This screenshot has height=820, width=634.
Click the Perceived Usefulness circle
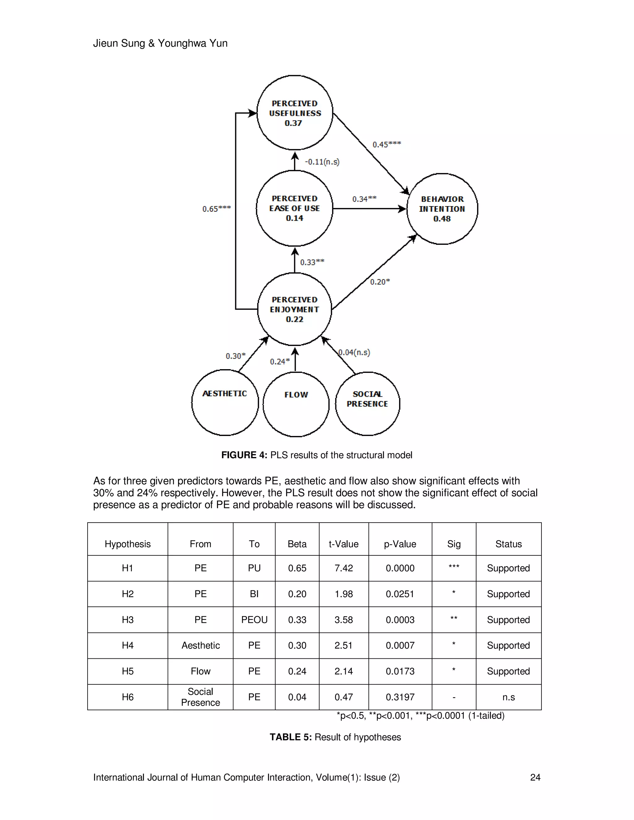(x=295, y=113)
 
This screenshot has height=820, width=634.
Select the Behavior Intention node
(x=442, y=209)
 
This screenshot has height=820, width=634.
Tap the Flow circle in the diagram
(x=296, y=404)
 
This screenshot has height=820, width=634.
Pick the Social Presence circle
(x=367, y=404)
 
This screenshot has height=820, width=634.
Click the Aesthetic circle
(x=225, y=403)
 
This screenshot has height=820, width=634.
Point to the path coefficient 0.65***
(x=216, y=209)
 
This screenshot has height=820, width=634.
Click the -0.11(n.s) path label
(x=322, y=162)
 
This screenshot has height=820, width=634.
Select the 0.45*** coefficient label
(x=386, y=145)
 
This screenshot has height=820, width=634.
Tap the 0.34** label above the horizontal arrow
(x=364, y=199)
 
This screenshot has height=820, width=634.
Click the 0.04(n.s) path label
(x=354, y=352)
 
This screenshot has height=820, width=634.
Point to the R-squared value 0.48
(x=442, y=219)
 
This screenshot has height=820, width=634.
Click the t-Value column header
(x=343, y=544)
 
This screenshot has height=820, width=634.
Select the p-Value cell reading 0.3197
(x=400, y=697)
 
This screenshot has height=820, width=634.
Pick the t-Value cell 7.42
(x=343, y=568)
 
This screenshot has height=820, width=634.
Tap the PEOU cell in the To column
(x=254, y=619)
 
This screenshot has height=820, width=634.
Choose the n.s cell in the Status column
(x=508, y=697)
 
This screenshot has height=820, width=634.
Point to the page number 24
(x=535, y=777)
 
